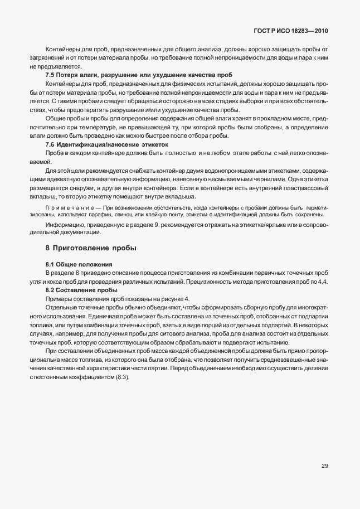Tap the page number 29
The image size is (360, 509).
point(324,466)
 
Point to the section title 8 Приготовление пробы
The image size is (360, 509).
point(91,247)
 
